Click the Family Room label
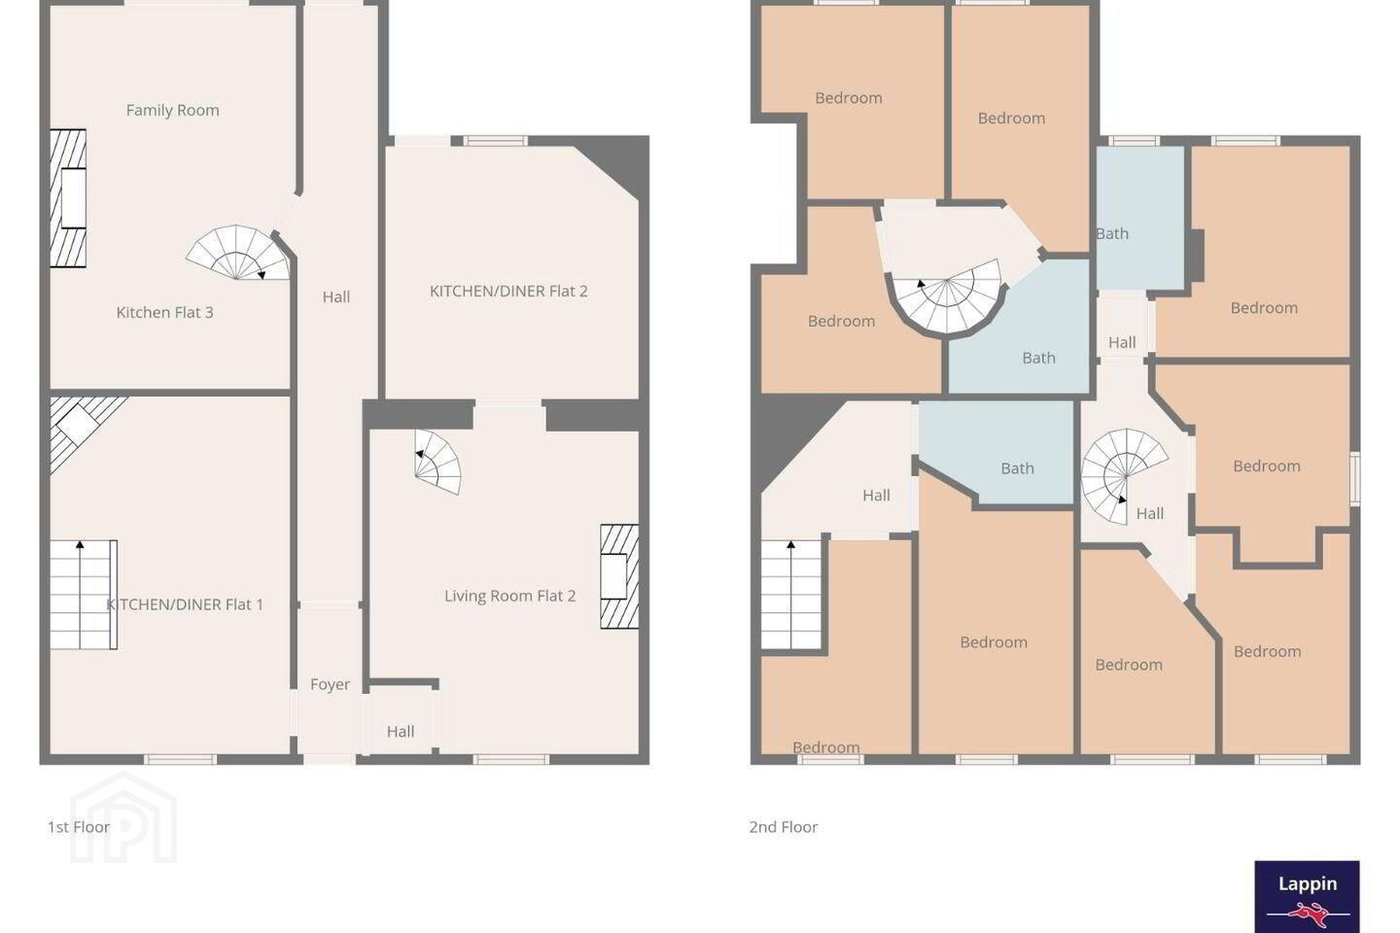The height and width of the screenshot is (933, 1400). (x=172, y=111)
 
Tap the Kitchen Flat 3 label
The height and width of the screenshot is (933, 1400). (x=165, y=313)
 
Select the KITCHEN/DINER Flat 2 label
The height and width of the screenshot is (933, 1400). (x=508, y=292)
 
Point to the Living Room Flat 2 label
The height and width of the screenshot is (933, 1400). (x=510, y=596)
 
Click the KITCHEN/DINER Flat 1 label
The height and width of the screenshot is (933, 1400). (x=185, y=605)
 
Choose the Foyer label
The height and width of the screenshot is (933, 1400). (x=330, y=685)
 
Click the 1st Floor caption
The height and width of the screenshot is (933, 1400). (x=79, y=827)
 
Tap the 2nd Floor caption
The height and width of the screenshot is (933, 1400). (x=784, y=827)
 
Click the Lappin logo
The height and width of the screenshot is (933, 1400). (x=1307, y=897)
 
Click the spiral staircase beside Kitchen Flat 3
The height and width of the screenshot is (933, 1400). (x=238, y=253)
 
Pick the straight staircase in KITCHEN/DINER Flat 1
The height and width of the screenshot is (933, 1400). (x=84, y=595)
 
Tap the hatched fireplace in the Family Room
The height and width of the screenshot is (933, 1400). (x=68, y=198)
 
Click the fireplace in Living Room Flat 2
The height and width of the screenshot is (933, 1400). (x=619, y=576)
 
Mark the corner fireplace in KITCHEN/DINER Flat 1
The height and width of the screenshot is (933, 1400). (x=80, y=427)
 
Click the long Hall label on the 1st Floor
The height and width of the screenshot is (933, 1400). (x=336, y=297)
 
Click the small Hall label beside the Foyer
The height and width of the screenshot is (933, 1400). (x=401, y=732)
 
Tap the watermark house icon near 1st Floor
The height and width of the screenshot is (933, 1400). (x=123, y=817)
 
